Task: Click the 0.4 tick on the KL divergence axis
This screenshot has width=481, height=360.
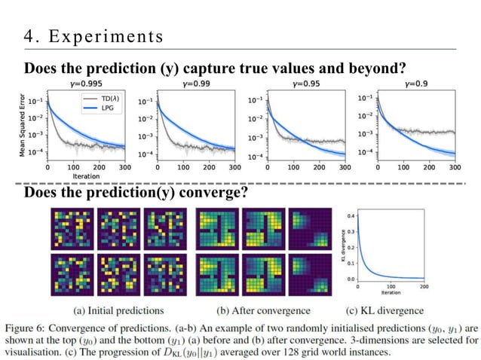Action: coord(349,215)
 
